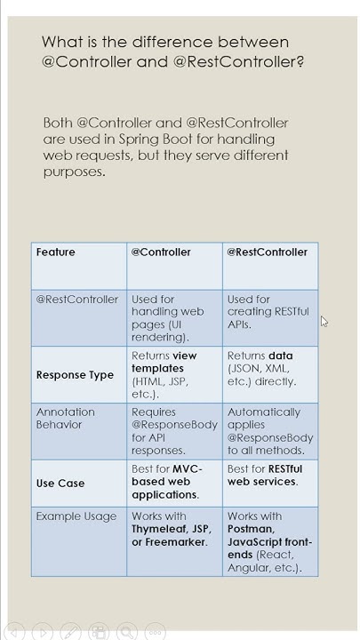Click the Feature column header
(x=56, y=252)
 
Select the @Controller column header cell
(x=161, y=252)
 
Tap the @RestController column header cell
(x=267, y=252)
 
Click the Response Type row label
(x=76, y=375)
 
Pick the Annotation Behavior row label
(x=66, y=418)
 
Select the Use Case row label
(x=60, y=484)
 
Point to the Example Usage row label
(x=76, y=516)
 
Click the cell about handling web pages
(x=168, y=318)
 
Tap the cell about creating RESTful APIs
(x=268, y=312)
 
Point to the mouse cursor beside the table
(x=324, y=322)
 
